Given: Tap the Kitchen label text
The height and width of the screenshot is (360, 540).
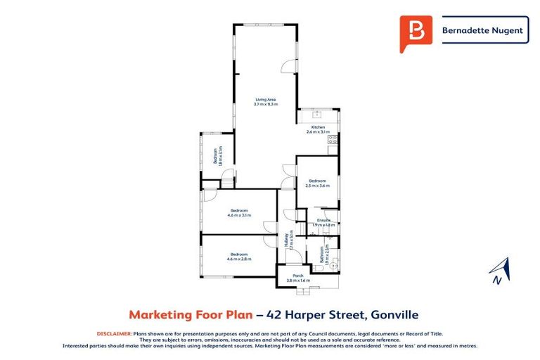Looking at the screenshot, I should [318, 127].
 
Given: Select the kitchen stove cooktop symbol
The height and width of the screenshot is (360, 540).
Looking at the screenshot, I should [332, 139].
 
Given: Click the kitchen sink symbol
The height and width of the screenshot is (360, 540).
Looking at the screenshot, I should [317, 113].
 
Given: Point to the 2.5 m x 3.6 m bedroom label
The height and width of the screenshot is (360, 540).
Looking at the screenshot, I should [318, 184].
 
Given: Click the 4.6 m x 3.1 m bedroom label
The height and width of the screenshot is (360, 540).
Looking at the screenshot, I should [238, 213].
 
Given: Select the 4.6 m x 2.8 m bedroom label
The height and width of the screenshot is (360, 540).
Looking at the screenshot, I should [238, 257].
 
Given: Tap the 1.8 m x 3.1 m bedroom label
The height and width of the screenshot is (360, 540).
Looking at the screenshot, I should [218, 156].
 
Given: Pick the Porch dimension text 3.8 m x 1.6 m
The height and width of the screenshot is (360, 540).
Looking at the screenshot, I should [298, 281].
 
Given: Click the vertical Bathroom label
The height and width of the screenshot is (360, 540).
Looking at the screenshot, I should [323, 254].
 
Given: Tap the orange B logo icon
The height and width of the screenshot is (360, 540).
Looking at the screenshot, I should [416, 32].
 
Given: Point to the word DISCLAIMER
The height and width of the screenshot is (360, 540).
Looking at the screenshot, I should [112, 333].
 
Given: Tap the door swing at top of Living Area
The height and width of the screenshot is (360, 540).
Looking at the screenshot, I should [288, 65].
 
